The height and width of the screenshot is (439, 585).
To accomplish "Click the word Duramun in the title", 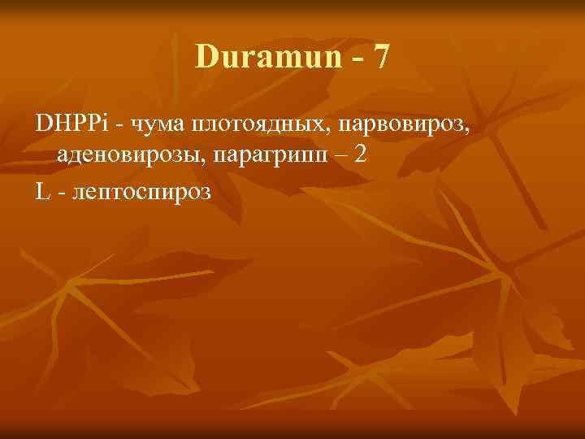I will [256, 57].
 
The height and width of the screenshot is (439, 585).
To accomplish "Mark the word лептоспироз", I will [141, 194].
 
